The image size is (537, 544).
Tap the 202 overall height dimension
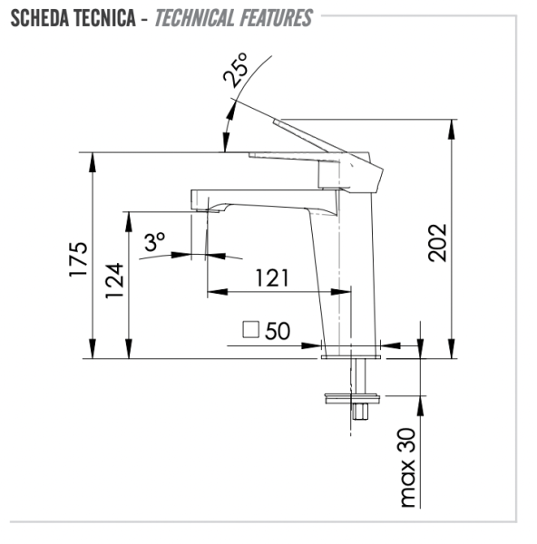[438, 242]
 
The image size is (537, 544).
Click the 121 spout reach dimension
[271, 277]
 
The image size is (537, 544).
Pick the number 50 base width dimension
[278, 331]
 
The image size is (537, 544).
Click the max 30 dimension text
[408, 466]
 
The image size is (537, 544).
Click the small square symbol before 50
[252, 331]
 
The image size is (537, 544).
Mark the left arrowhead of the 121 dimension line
[214, 291]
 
